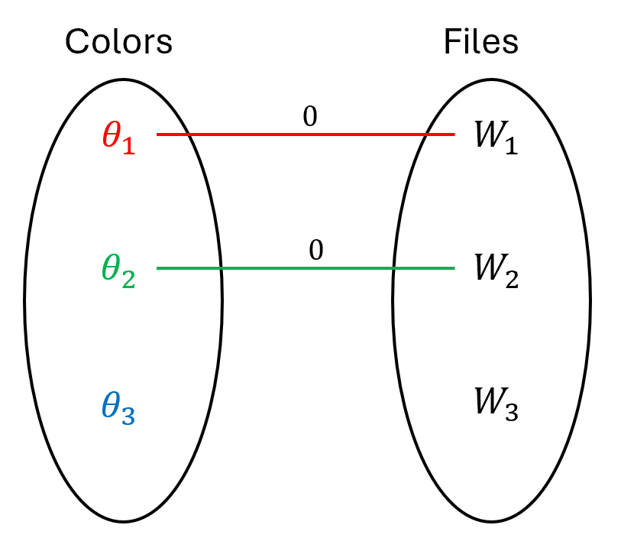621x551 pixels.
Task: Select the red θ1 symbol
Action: click(x=118, y=137)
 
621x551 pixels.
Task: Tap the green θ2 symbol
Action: click(x=118, y=271)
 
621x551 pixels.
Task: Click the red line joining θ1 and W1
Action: click(x=306, y=135)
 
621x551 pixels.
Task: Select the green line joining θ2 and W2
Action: click(x=306, y=268)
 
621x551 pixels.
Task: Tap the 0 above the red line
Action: click(x=309, y=116)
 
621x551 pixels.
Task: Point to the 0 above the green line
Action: click(x=315, y=251)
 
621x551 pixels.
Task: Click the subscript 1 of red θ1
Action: click(x=128, y=146)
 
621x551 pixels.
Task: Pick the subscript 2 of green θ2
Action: click(x=128, y=280)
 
